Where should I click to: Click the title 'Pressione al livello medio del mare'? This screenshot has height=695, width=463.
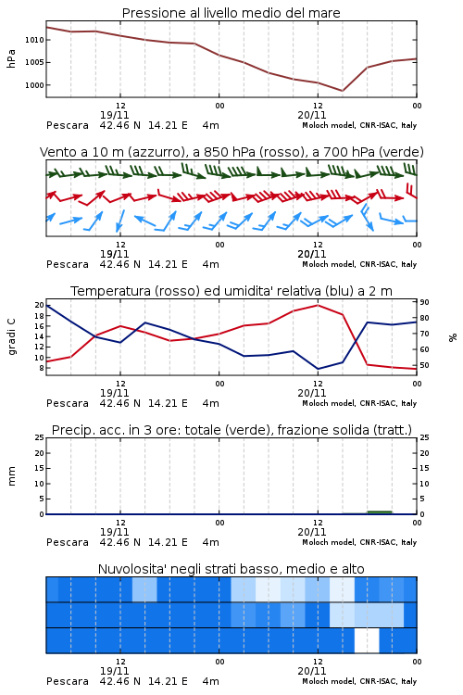[x=231, y=13]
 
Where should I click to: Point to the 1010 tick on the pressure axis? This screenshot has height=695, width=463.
[x=34, y=40]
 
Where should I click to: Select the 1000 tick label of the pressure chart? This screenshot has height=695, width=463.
[x=34, y=85]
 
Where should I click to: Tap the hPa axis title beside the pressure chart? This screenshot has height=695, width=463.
[x=11, y=58]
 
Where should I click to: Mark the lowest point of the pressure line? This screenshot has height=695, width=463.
[x=342, y=91]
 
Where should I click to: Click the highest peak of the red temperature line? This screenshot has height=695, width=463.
[x=318, y=305]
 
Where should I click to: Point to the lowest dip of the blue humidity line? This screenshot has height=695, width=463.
[x=318, y=369]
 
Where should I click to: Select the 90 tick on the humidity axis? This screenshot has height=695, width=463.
[x=424, y=302]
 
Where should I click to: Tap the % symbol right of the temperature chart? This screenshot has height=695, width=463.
[x=453, y=337]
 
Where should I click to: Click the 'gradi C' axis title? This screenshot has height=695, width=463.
[x=11, y=337]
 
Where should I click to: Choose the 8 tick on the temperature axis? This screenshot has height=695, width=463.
[x=42, y=368]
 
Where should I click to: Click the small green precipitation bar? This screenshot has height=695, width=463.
[x=380, y=512]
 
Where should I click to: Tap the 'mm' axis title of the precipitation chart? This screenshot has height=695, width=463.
[x=11, y=476]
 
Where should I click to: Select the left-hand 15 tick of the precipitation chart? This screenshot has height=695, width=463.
[x=40, y=468]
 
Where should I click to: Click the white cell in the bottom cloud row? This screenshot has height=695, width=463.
[x=367, y=640]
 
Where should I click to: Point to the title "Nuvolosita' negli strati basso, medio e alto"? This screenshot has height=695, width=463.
[x=231, y=569]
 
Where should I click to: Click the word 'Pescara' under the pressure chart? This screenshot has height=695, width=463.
[x=68, y=125]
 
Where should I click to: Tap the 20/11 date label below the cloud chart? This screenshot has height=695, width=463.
[x=311, y=671]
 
